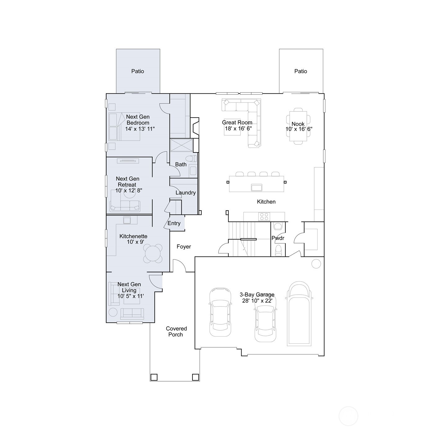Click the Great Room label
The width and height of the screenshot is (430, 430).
[237, 123]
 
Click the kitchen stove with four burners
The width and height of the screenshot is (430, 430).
[264, 216]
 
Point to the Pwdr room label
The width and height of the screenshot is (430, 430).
[278, 238]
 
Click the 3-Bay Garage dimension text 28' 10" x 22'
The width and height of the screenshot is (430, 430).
[257, 301]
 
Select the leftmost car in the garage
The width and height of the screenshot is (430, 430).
[220, 312]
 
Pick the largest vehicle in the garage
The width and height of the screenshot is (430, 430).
[299, 314]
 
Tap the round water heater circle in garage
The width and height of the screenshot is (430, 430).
[316, 264]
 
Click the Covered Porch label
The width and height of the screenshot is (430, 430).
[176, 331]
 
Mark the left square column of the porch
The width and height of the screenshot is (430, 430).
[154, 377]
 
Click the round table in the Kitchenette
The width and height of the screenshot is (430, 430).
[153, 253]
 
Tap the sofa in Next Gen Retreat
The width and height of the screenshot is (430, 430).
[125, 206]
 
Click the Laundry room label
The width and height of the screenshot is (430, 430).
[185, 192]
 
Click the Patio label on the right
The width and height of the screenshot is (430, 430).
[301, 71]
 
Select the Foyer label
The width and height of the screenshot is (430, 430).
[183, 247]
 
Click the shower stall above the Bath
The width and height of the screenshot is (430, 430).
[181, 145]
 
